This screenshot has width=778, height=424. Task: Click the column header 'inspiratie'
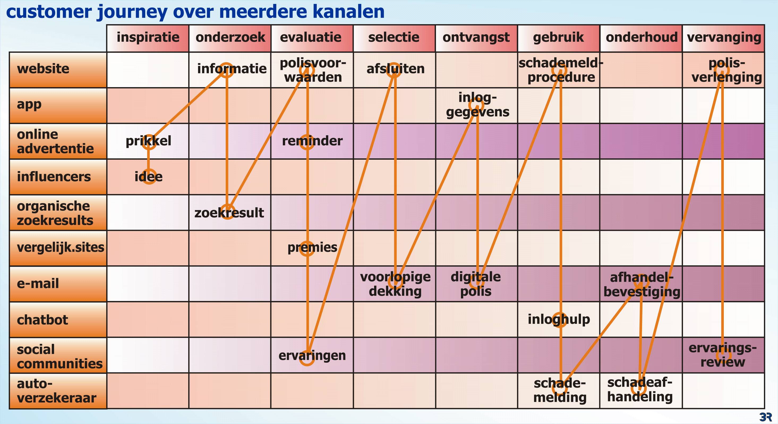tap(148, 37)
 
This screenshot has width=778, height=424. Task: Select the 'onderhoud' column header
tap(642, 37)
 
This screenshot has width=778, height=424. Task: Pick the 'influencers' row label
tap(54, 176)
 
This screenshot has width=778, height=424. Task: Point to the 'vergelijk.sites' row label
tap(60, 248)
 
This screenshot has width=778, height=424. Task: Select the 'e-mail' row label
tap(38, 284)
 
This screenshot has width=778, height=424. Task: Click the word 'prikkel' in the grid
tap(148, 141)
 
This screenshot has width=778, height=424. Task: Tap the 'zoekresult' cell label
tap(229, 213)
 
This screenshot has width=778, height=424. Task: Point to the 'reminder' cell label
tap(312, 141)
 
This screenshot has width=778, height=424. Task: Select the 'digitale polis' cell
tap(476, 284)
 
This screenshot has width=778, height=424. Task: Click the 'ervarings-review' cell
tap(723, 355)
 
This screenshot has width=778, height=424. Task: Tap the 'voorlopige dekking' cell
tap(395, 284)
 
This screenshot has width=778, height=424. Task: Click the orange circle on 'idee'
tap(149, 177)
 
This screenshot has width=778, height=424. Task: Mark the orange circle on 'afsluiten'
tap(394, 70)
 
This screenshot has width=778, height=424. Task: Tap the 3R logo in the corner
tap(765, 417)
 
